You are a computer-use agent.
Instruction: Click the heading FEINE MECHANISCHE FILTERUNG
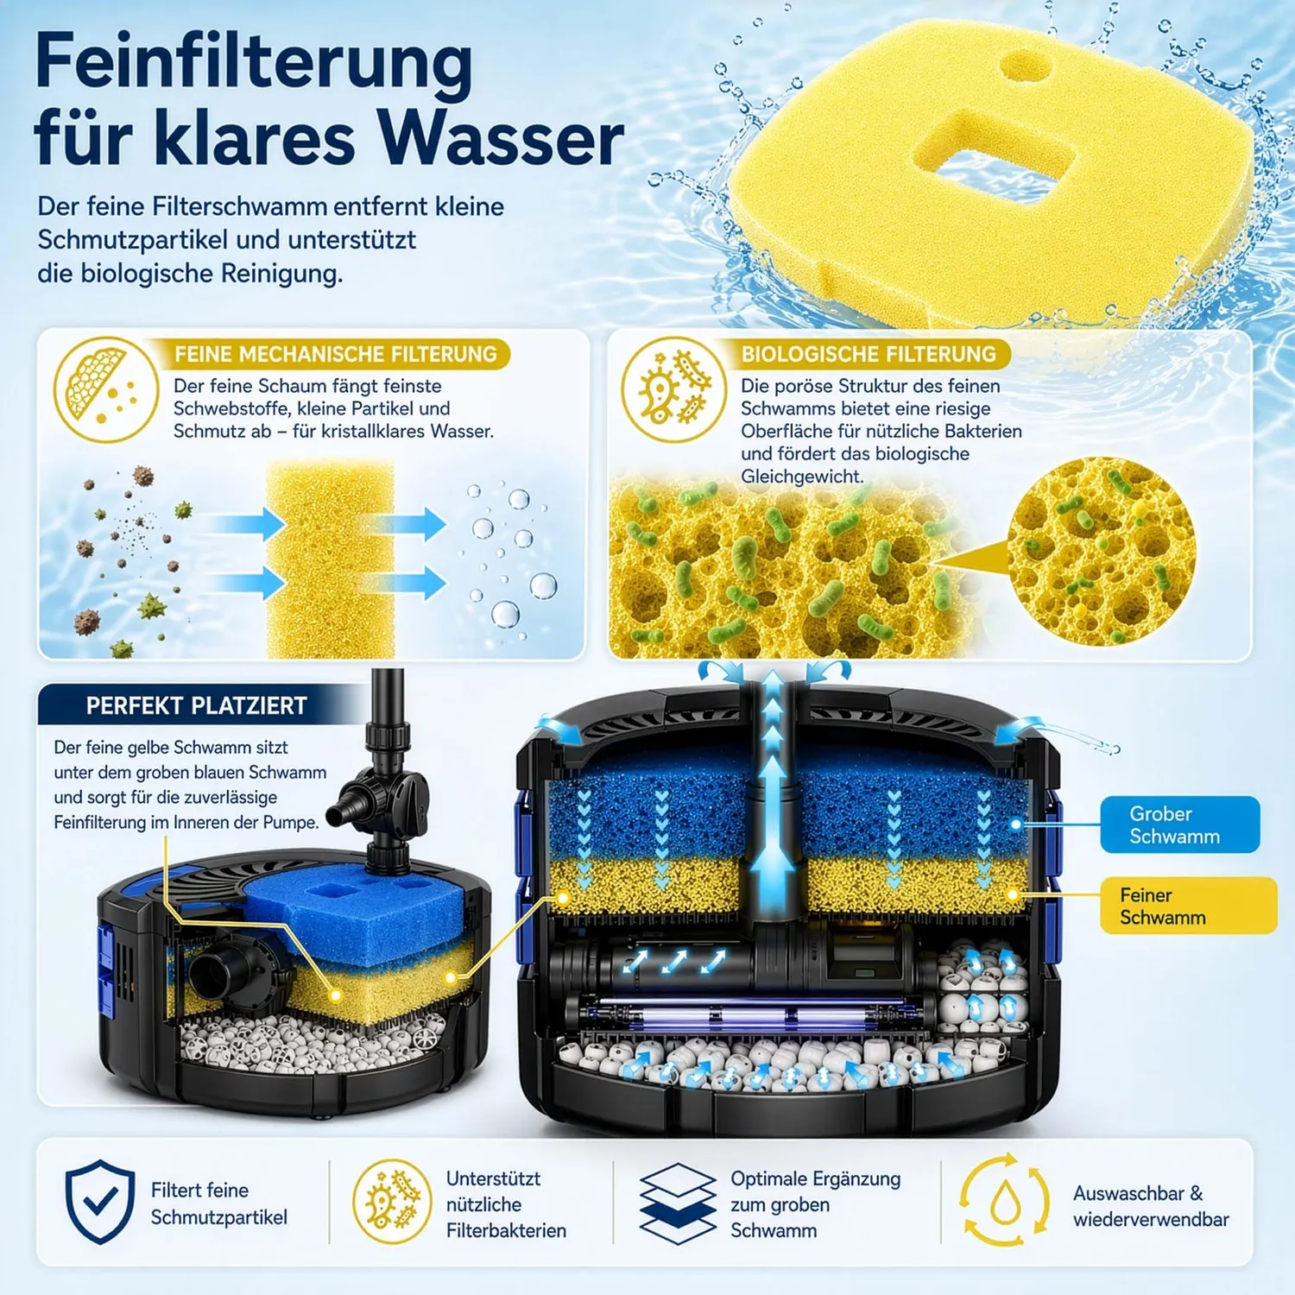(335, 354)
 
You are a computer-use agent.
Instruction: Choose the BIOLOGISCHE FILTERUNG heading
(869, 354)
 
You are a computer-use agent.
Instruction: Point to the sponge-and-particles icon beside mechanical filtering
(105, 389)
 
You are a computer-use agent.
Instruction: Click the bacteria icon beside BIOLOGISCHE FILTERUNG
(673, 389)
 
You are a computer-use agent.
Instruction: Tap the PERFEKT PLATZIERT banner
(196, 705)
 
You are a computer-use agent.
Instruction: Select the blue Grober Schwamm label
(1179, 824)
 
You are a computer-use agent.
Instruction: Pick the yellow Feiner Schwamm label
(1188, 906)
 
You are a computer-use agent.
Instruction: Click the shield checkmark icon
(100, 1202)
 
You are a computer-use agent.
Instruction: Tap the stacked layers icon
(678, 1203)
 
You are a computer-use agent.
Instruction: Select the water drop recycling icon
(1004, 1201)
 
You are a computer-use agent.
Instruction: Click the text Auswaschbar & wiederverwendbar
(1151, 1206)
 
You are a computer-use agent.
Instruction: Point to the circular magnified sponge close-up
(1102, 552)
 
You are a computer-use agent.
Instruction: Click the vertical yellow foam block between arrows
(330, 559)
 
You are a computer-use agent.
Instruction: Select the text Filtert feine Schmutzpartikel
(219, 1203)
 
